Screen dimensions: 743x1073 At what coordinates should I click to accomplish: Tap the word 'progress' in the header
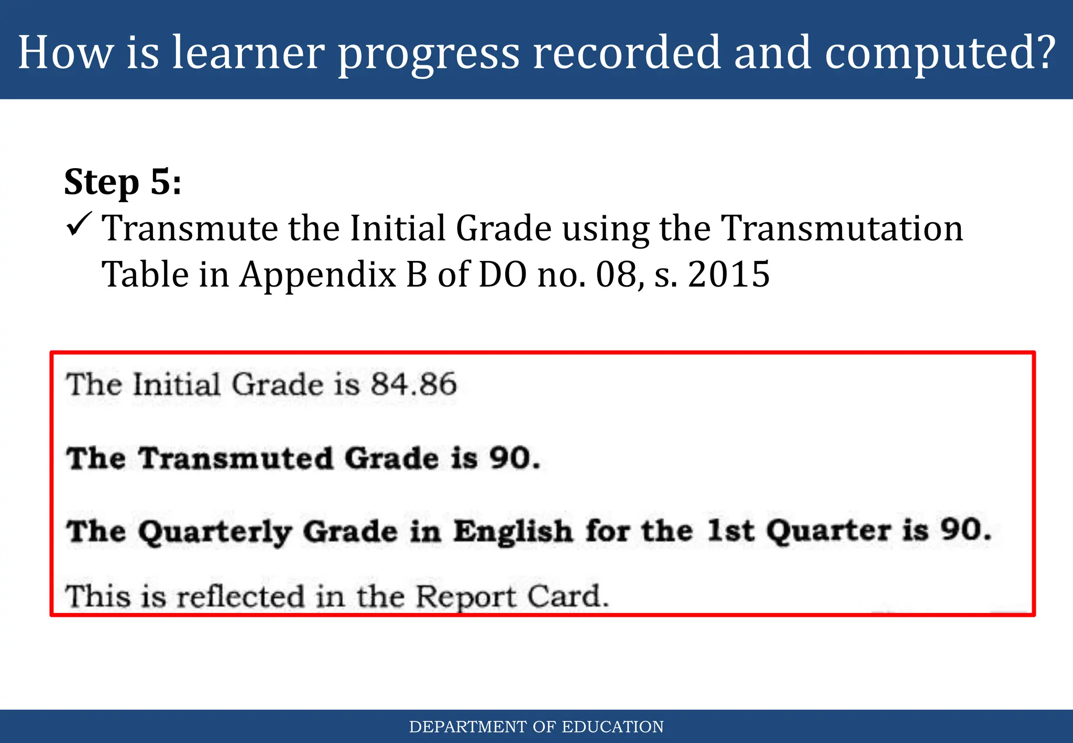[428, 53]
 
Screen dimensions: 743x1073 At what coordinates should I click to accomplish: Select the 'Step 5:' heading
[123, 182]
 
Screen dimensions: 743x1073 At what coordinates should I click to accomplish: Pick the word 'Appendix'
[317, 275]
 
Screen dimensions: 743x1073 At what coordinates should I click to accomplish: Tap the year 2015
[728, 275]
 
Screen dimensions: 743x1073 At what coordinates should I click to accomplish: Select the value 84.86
[413, 384]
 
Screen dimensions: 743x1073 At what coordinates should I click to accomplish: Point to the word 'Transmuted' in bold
[236, 458]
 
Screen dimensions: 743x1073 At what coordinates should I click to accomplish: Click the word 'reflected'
[240, 597]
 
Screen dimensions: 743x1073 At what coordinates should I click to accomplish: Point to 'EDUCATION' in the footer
[612, 727]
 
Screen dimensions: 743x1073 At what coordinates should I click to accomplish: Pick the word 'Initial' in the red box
[176, 385]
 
